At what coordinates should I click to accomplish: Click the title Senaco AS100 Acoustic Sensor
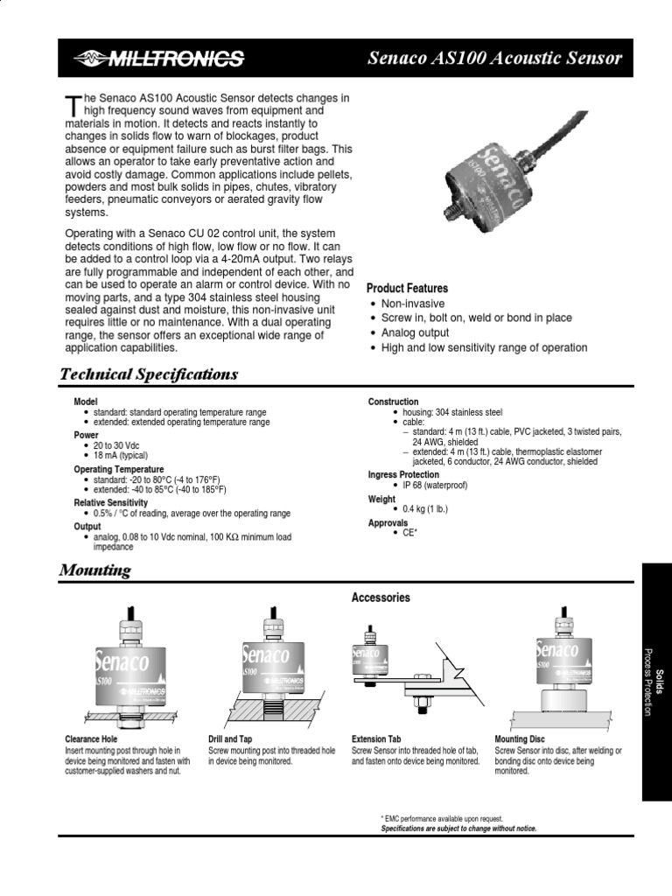[494, 59]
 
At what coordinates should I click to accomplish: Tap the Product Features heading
[407, 288]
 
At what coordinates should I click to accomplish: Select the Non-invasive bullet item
[412, 304]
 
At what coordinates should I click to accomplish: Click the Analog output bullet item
[415, 333]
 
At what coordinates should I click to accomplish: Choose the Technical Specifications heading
[148, 374]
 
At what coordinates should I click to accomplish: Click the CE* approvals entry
[409, 532]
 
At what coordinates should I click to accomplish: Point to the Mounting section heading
[94, 570]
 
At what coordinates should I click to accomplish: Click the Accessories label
[381, 598]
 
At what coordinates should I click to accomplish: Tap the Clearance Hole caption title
[91, 739]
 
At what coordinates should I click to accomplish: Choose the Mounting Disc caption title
[519, 739]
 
